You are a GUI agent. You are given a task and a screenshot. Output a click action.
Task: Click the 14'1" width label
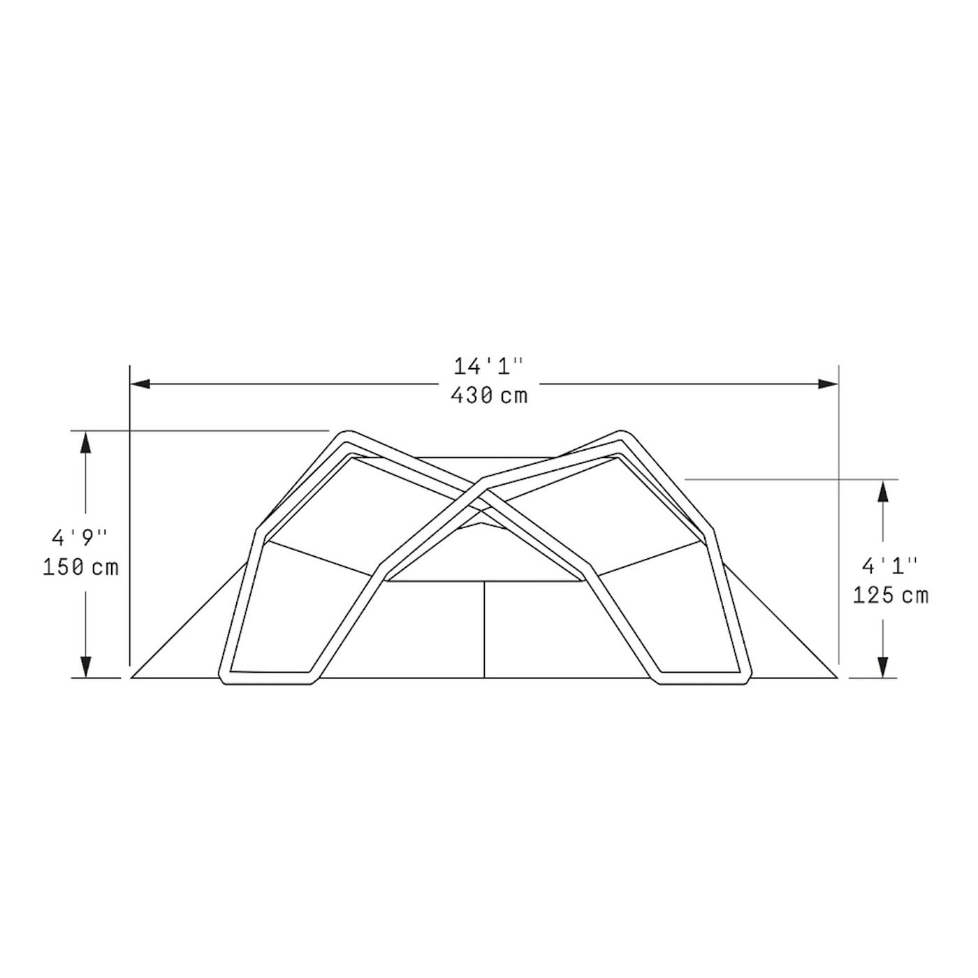[487, 367]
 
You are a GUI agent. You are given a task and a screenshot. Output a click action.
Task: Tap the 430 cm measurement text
[489, 395]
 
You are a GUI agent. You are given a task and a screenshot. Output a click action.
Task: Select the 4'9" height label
[80, 538]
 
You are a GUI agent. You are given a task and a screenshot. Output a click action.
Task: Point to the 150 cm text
[80, 567]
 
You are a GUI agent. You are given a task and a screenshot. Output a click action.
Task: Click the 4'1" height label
[890, 566]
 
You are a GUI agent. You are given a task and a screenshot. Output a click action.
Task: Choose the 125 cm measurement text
[890, 594]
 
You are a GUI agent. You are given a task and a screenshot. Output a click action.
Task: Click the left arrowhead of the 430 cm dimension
[141, 384]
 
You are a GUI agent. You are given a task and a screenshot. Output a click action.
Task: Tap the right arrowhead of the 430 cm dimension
[828, 384]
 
